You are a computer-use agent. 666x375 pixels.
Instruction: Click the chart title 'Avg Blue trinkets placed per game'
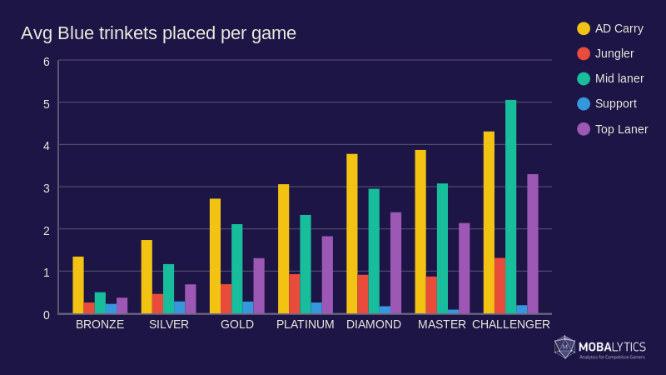tap(158, 33)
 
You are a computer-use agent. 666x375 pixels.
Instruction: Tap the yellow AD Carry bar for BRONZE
tap(78, 285)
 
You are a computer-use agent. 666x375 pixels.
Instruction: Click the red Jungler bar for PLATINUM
tap(295, 294)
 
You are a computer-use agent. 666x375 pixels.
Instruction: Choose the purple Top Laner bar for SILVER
tap(191, 299)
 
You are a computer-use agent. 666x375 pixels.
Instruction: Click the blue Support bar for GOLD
tap(248, 307)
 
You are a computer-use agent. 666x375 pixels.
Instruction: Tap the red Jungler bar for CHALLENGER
tap(499, 286)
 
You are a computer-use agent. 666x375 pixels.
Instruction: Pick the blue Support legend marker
tap(584, 103)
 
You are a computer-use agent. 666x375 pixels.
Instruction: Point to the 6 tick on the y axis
tap(47, 62)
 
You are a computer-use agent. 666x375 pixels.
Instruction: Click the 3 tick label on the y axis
tap(47, 188)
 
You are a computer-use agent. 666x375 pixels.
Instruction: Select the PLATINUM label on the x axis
tap(306, 324)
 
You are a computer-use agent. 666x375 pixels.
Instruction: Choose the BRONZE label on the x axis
tap(100, 324)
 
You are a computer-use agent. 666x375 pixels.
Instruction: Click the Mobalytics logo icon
tap(564, 347)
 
